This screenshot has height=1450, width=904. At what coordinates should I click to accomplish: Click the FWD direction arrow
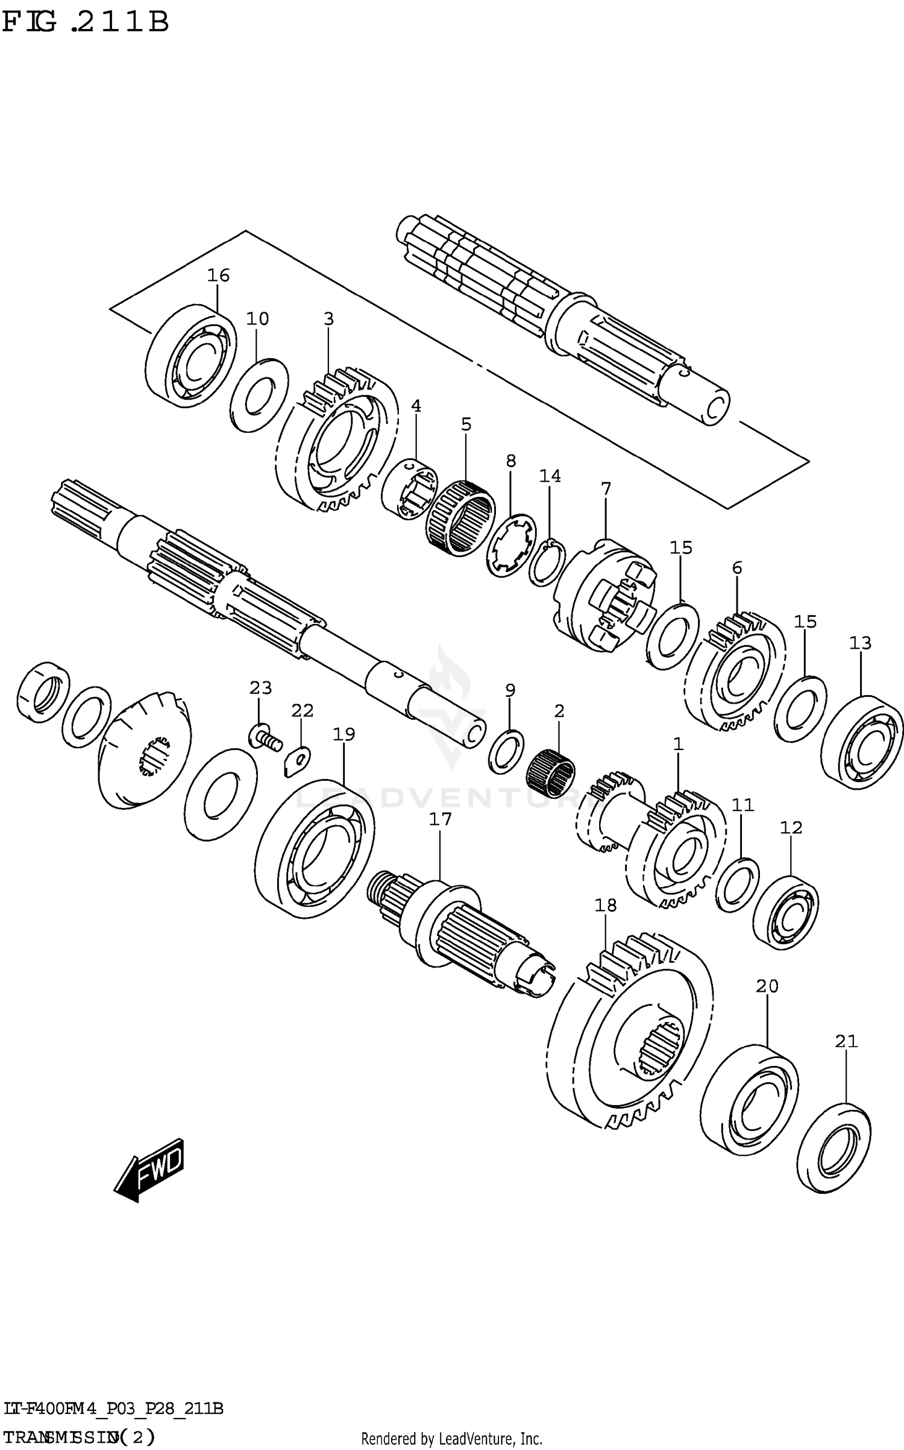click(149, 1170)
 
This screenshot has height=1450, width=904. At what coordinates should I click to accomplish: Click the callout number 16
click(218, 276)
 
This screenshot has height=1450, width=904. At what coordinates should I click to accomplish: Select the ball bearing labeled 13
click(862, 742)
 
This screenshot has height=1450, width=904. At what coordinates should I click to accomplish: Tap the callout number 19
click(344, 734)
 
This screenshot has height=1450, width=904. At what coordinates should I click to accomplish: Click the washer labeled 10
click(259, 396)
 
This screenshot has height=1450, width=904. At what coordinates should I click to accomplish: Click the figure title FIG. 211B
click(84, 22)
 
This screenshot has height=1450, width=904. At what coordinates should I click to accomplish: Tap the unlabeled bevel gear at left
click(145, 751)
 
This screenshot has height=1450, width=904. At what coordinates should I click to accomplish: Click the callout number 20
click(767, 986)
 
